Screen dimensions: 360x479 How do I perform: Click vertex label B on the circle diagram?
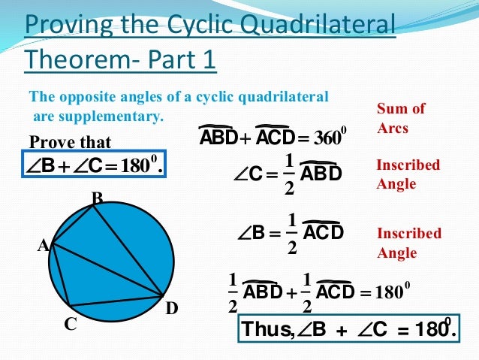point(96,198)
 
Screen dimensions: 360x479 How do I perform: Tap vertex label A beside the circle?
point(44,245)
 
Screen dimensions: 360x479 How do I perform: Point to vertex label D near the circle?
point(172,309)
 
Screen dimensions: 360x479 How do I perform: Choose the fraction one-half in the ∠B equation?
point(292,234)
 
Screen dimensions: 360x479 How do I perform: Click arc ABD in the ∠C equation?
point(321,174)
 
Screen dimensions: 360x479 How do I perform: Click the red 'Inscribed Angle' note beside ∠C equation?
point(408,174)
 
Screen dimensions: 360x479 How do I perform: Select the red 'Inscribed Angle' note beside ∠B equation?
point(408,243)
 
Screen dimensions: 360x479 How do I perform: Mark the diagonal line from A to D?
point(105,268)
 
